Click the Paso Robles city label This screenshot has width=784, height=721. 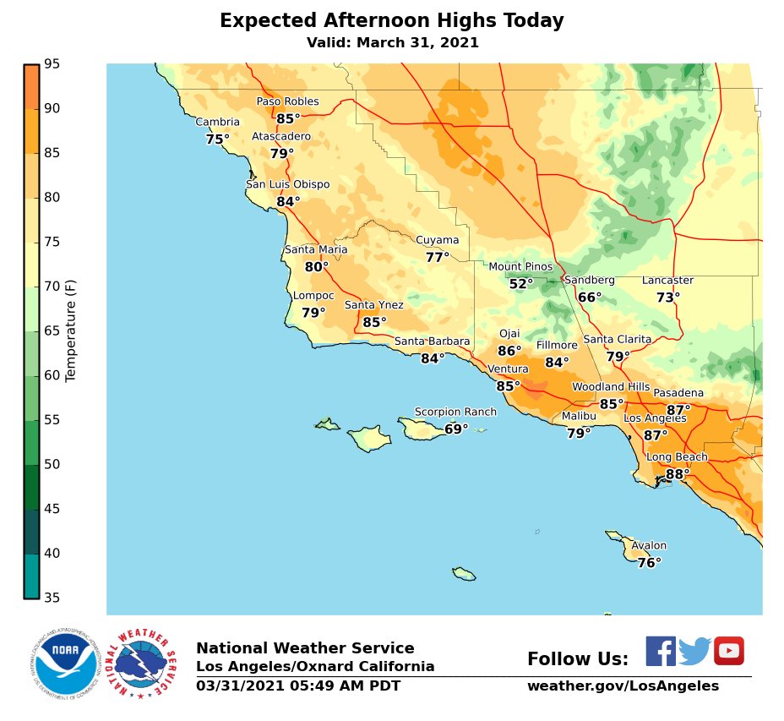[287, 101]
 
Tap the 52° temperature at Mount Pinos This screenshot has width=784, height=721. [521, 284]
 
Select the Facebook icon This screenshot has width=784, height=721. [661, 651]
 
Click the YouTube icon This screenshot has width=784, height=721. [729, 651]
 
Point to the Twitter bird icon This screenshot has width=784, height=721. [694, 651]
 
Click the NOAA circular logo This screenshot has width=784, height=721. [66, 662]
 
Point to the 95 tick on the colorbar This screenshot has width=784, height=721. [52, 63]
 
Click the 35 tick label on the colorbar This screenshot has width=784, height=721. [52, 598]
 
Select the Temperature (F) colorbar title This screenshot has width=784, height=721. [71, 330]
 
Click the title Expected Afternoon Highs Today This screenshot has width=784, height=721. [391, 21]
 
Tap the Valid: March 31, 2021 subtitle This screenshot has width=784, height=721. [392, 42]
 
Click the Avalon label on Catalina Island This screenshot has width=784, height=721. [649, 546]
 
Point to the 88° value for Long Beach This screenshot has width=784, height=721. [677, 474]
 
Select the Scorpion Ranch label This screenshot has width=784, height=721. [455, 412]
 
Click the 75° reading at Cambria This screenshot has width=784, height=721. [217, 139]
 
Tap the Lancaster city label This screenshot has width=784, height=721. [667, 281]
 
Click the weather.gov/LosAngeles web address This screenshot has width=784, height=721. [623, 686]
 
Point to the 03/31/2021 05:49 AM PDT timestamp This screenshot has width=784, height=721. [298, 686]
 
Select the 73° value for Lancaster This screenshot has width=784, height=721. [667, 298]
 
